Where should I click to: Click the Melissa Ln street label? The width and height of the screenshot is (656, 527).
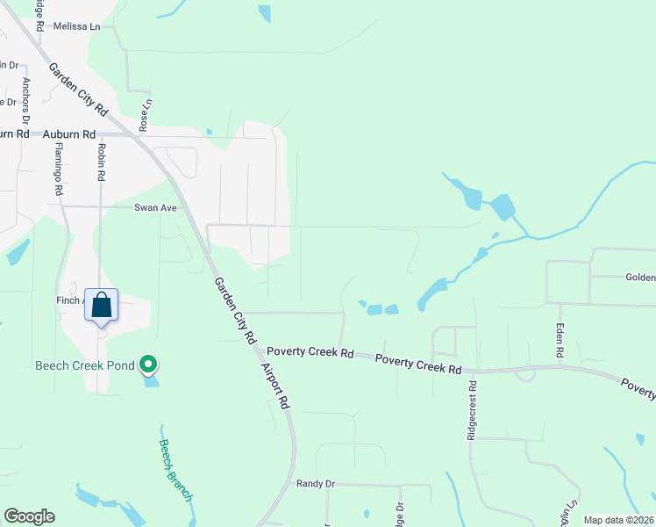76,27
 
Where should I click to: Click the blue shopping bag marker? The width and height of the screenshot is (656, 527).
102,306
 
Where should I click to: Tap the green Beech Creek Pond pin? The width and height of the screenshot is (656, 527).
149,364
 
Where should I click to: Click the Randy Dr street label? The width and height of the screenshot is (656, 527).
316,484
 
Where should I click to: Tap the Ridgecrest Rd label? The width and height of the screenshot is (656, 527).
472,410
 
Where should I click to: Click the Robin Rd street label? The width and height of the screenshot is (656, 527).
102,162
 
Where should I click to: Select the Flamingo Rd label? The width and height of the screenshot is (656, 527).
59,170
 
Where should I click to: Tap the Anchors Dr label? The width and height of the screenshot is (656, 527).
26,100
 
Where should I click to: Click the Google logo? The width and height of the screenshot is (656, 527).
30,516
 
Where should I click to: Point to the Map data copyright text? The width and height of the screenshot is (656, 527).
618,520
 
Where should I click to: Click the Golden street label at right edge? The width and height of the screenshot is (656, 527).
640,278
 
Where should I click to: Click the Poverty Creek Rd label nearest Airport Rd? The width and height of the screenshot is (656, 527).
310,352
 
